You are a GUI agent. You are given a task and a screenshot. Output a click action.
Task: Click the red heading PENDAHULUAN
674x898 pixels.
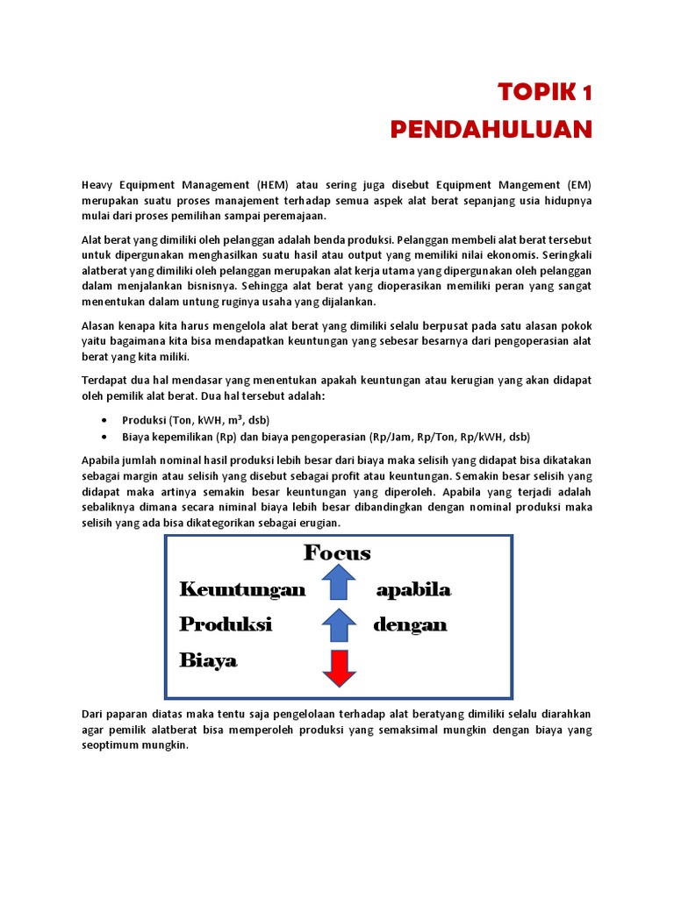click(491, 130)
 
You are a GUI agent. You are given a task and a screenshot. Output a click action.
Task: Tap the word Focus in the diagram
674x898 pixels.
click(337, 553)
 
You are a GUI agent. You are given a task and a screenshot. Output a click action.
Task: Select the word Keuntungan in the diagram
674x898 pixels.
click(242, 589)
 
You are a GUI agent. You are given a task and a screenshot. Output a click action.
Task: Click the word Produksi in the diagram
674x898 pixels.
click(226, 624)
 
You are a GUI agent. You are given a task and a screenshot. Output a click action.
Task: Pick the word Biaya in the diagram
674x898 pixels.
click(209, 660)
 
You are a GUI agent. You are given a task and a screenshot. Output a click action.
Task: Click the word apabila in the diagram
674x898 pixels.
click(413, 589)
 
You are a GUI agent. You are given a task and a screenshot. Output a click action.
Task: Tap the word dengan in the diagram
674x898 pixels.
click(410, 624)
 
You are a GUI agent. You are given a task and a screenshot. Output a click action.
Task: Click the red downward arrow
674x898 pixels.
click(338, 667)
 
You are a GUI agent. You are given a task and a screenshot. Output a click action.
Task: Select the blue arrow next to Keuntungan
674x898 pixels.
click(338, 583)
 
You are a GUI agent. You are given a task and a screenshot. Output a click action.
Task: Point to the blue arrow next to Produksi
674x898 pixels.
click(338, 625)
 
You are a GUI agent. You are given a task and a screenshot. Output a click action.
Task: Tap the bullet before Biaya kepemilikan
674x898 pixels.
click(105, 437)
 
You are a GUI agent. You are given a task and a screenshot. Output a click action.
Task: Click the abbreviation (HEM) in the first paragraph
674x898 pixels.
click(276, 185)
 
